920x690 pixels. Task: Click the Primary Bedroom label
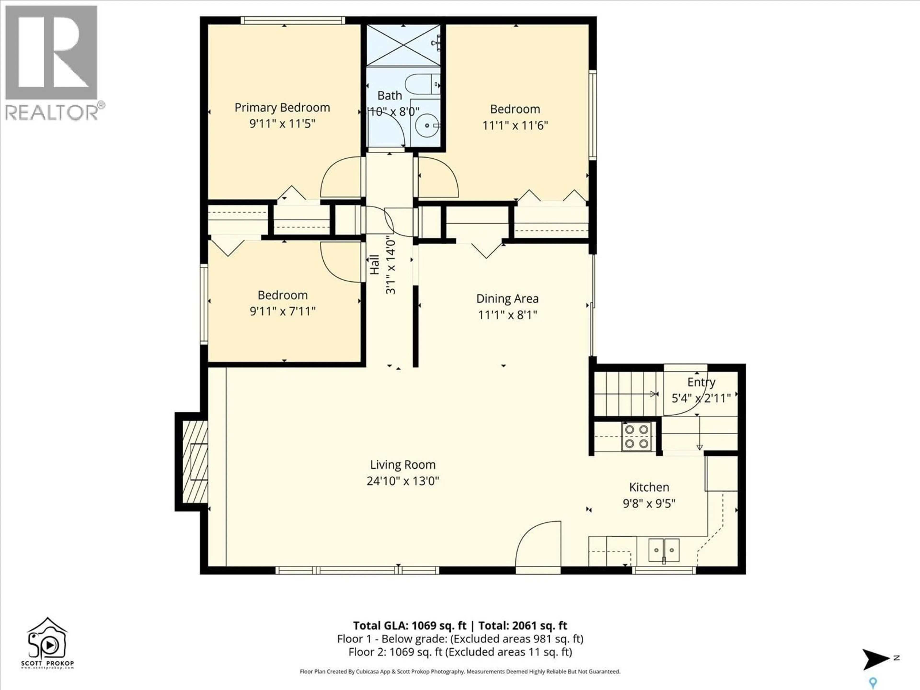coord(282,108)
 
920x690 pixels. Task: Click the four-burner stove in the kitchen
coord(636,436)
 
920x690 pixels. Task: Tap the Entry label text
coord(701,382)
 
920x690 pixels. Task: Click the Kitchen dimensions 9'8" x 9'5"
coord(649,504)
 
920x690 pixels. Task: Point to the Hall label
coord(375,264)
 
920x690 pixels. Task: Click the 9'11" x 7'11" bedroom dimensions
coord(282,311)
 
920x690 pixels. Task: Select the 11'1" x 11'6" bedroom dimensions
coord(515,125)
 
